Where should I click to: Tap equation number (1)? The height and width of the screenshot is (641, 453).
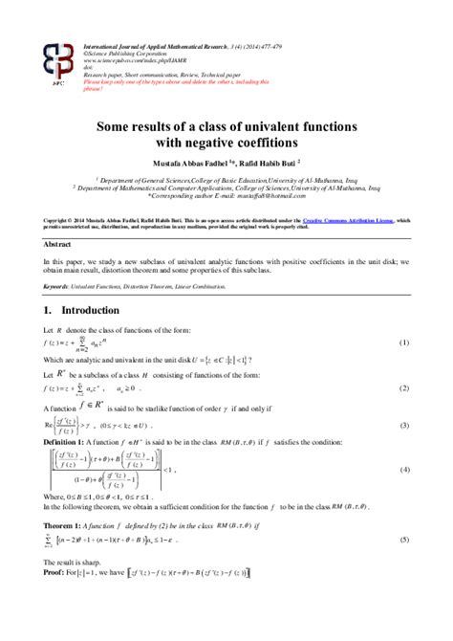coord(404,316)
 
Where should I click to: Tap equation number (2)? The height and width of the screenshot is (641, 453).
coord(404,362)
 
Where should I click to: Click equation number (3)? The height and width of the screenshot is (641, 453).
coord(404,398)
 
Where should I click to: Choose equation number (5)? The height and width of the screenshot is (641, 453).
coord(404,541)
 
